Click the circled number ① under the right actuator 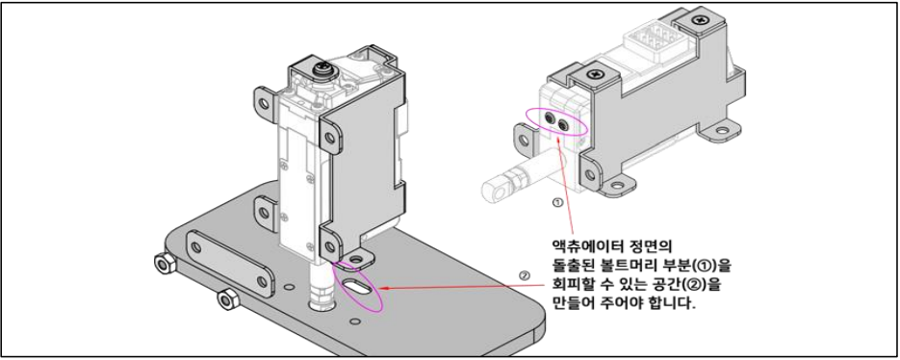point(555,202)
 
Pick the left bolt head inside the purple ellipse point(551,119)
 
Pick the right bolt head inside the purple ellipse point(564,124)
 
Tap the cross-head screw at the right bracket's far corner point(699,21)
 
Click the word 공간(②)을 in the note point(692,285)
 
